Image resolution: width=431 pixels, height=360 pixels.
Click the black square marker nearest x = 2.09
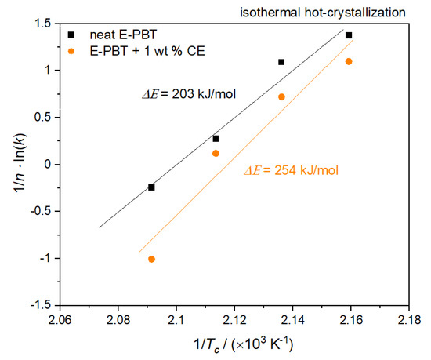point(151,187)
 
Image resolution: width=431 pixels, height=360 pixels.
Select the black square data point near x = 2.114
point(215,138)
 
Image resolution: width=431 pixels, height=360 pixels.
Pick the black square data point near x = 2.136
point(281,61)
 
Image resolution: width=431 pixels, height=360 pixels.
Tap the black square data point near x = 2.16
point(349,35)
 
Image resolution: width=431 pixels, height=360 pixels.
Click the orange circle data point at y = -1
point(151,259)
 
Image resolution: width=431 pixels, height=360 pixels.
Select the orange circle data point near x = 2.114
point(215,153)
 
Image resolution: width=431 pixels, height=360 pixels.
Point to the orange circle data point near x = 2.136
point(281,96)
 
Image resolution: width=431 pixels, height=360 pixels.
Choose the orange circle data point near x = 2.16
point(349,61)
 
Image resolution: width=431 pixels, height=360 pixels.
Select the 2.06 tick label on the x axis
point(60,319)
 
